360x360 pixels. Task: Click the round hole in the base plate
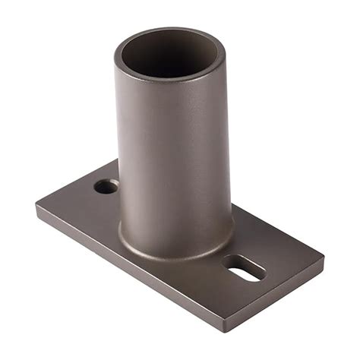tap(106, 186)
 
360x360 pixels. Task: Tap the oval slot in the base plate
tap(244, 268)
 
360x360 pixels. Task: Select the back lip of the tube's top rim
tap(171, 32)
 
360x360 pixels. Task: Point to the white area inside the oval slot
tap(245, 270)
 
